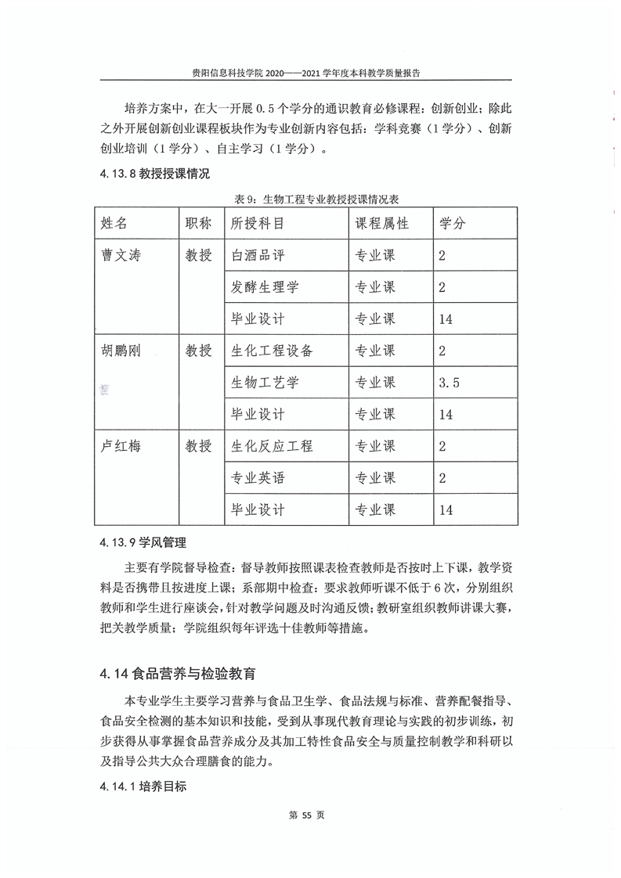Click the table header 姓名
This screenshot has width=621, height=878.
click(x=114, y=223)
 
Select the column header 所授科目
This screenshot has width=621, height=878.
click(x=258, y=223)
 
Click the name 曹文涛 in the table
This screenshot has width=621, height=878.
click(x=121, y=255)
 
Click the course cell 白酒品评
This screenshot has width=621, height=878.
click(x=258, y=255)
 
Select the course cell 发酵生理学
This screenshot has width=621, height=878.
click(x=265, y=287)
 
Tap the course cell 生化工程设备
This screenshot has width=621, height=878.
click(x=272, y=351)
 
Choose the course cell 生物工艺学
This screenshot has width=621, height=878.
click(x=265, y=383)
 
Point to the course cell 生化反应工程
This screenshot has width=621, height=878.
click(x=272, y=446)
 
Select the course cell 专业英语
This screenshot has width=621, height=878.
click(x=258, y=478)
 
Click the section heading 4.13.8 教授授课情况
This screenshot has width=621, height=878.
click(x=155, y=174)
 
